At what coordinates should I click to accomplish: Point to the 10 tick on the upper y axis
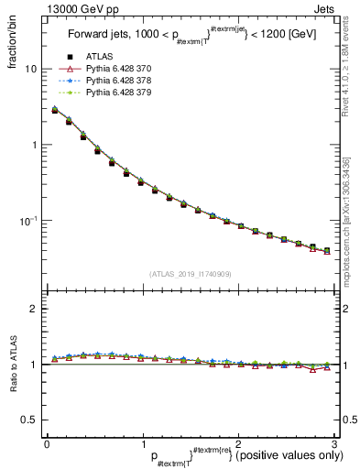pos(30,69)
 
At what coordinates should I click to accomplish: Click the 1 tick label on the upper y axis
pos(33,145)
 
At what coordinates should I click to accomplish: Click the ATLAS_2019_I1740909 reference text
pos(189,274)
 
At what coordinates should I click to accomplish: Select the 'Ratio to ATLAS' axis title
pos(12,363)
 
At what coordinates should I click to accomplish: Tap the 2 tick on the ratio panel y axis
pos(33,309)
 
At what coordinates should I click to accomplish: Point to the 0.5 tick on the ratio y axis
pos(28,420)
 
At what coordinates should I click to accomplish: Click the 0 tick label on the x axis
pos(47,443)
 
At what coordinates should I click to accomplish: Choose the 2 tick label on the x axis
pos(238,443)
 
